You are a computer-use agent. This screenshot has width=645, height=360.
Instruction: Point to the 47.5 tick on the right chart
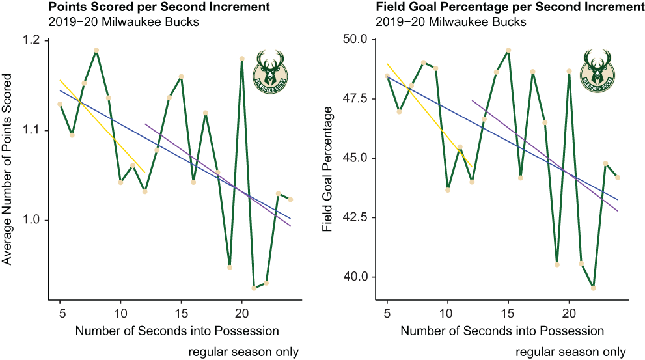(357, 99)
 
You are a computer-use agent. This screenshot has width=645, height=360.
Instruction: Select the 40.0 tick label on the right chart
(357, 277)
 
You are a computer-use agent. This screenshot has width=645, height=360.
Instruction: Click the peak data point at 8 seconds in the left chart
(96, 50)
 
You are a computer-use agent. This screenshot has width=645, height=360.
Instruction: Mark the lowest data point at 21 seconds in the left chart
(254, 288)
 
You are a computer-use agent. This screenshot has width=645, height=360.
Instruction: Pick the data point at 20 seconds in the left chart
(242, 59)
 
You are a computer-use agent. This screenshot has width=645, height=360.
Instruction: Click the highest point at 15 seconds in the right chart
(508, 50)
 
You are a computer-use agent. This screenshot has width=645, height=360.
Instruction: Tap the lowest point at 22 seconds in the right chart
(593, 288)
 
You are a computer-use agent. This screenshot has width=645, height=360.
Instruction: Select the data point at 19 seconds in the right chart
(557, 264)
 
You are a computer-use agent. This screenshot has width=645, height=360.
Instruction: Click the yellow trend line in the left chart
(102, 126)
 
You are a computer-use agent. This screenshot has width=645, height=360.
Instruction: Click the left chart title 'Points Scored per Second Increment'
(159, 7)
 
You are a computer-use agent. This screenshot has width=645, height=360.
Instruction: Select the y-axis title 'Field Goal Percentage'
(327, 169)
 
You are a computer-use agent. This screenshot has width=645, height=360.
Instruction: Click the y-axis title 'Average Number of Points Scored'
(7, 169)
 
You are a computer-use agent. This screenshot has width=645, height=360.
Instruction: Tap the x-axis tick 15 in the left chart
(181, 314)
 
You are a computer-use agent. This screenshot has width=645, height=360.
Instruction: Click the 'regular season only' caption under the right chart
(571, 352)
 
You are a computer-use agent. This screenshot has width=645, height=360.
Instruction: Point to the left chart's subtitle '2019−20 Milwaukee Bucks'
(124, 21)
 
